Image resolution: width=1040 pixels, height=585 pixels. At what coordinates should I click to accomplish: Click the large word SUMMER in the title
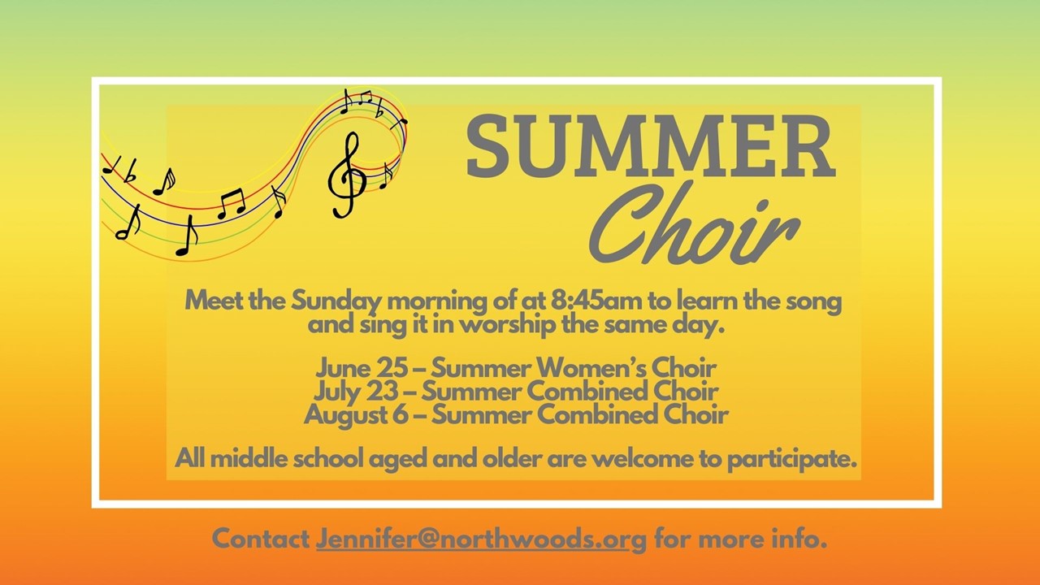(651, 146)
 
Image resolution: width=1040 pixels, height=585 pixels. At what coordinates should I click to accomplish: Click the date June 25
(362, 369)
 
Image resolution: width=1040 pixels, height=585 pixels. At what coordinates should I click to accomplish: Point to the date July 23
(356, 392)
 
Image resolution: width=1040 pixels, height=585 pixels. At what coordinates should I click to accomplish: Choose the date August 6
(356, 414)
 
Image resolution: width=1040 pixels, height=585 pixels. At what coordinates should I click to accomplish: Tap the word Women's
(591, 369)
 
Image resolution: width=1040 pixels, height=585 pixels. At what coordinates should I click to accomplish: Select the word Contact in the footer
(261, 539)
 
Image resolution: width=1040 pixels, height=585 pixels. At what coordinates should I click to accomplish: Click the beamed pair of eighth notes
(232, 204)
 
